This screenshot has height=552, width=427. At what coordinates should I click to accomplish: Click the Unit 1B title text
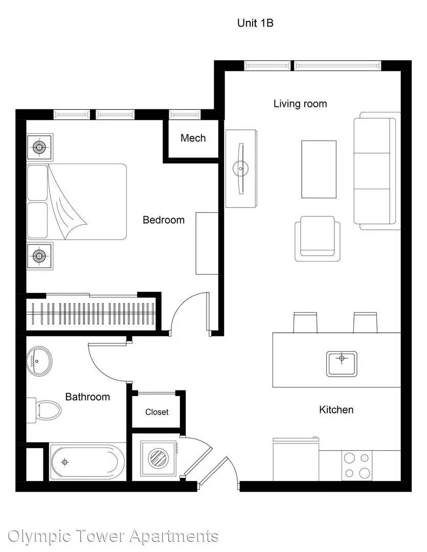click(255, 23)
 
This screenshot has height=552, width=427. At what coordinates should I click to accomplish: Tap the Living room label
click(300, 104)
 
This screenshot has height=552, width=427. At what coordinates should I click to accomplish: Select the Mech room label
click(193, 138)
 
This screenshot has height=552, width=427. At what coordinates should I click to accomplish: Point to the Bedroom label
click(164, 220)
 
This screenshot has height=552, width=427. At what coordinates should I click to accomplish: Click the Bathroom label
click(88, 397)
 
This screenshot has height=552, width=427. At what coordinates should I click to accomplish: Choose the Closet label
click(157, 412)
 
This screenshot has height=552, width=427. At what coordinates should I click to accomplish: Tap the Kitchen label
click(336, 409)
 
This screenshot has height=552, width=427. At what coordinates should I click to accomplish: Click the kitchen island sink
click(342, 364)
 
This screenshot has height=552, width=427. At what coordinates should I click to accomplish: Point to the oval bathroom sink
click(39, 360)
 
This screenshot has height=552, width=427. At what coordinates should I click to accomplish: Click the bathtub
click(87, 462)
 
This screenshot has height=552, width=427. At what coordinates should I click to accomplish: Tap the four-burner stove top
click(356, 466)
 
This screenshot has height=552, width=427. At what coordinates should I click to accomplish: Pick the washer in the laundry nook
click(158, 458)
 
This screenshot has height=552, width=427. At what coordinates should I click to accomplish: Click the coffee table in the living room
click(319, 169)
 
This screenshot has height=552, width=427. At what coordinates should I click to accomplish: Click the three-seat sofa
click(377, 171)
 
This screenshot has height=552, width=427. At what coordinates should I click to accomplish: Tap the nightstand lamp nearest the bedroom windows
click(39, 147)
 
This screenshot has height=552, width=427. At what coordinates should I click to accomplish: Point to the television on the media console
click(241, 168)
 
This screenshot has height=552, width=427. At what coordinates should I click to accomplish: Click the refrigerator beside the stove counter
click(296, 459)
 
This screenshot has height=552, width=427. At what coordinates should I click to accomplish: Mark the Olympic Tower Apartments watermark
click(113, 536)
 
